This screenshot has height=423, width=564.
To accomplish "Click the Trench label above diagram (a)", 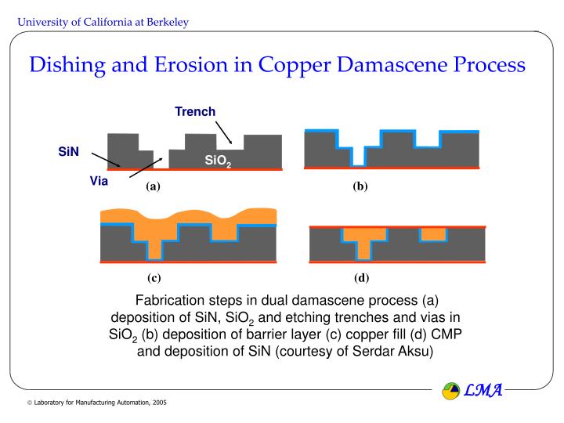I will point(195,111).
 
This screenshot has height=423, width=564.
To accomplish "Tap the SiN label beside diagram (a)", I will point(69,150).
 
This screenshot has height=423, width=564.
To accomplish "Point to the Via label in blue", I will point(99,182).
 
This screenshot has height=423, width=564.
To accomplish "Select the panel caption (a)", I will point(152,186).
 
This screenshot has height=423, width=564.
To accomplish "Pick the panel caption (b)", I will point(360,186).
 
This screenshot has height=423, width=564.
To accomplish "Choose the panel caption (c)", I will point(154,277).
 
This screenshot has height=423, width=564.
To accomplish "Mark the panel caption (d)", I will point(361,277).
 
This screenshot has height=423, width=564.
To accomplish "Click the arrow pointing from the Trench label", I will point(222,132).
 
